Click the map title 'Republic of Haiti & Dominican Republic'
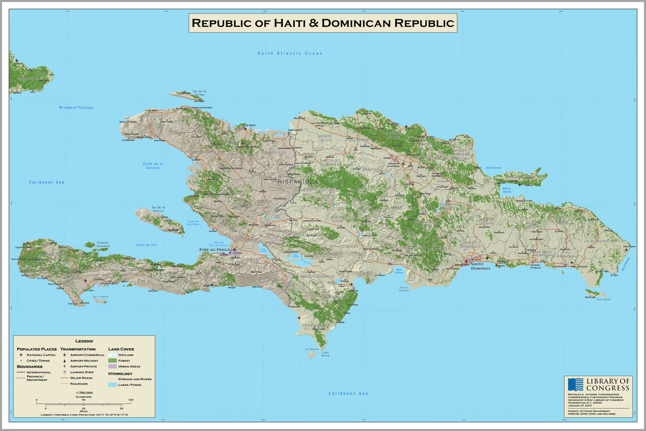(323, 23)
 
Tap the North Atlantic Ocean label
(290, 53)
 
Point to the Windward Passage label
(76, 108)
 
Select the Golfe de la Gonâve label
(153, 166)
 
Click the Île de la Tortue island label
(200, 93)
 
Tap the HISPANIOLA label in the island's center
(298, 182)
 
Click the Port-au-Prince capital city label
(214, 250)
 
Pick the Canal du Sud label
(146, 245)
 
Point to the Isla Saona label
(603, 299)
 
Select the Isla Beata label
(312, 349)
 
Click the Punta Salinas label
(404, 289)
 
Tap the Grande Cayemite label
(103, 244)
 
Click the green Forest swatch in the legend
(112, 361)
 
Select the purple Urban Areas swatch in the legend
(112, 366)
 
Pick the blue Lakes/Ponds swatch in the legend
(112, 385)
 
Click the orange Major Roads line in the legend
(65, 378)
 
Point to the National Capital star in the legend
(21, 355)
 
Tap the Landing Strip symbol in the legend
(65, 372)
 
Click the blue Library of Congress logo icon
(575, 384)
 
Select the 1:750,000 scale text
(84, 393)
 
